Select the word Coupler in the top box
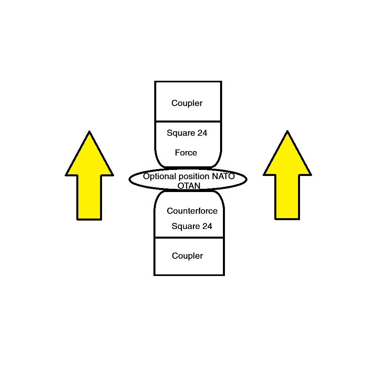(187, 103)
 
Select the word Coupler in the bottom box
(187, 256)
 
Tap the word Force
(186, 153)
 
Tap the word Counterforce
(192, 211)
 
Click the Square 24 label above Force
(187, 133)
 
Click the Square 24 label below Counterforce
(192, 226)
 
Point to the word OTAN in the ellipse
(189, 185)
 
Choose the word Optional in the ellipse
(159, 176)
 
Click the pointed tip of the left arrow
(89, 133)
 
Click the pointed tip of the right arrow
(287, 132)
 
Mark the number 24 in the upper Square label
(202, 133)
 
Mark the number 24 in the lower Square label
(207, 226)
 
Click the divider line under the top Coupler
(188, 121)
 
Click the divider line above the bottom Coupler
(189, 237)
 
